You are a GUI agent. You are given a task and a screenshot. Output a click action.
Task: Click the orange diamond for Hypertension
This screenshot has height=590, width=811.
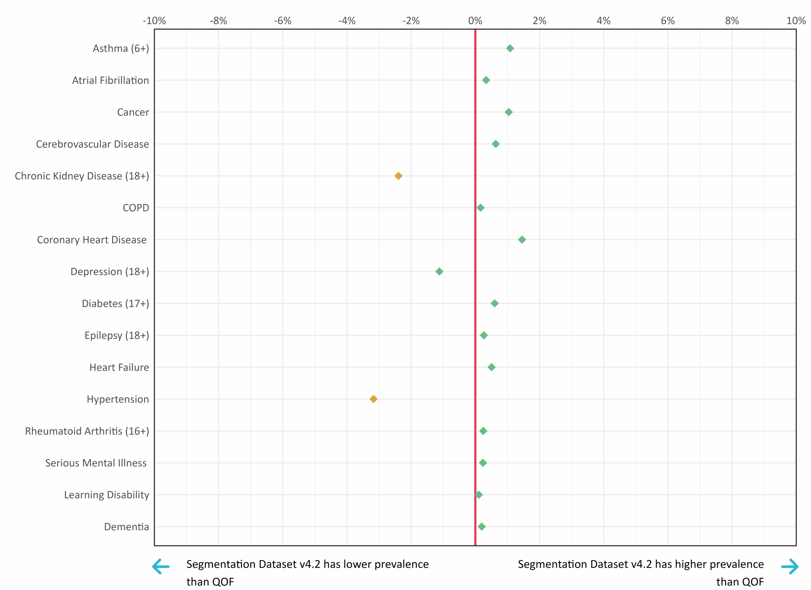(373, 399)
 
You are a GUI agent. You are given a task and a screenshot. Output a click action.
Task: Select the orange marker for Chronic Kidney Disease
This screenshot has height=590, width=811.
(398, 176)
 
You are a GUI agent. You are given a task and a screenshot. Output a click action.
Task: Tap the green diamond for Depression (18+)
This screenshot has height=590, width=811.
(439, 272)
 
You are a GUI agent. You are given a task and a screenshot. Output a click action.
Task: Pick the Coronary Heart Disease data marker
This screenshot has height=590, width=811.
(522, 240)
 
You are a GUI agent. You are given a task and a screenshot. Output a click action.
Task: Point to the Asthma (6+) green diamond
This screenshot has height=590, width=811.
(510, 48)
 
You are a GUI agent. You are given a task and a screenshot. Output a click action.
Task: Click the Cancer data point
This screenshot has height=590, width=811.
(508, 112)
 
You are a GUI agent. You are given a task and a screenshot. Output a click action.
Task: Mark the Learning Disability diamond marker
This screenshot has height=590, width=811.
(479, 495)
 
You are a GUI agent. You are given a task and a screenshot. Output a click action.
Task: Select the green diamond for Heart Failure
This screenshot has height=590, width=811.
(491, 367)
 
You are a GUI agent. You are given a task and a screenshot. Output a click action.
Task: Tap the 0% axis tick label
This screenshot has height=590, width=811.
(475, 21)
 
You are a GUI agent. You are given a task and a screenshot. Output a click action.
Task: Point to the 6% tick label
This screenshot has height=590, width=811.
(667, 21)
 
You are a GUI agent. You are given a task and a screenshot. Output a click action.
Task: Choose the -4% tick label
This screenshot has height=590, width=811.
(347, 21)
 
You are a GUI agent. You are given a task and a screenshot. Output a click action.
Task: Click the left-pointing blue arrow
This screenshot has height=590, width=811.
(161, 567)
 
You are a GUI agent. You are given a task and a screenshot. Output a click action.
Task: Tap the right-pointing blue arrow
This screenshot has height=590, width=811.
(790, 567)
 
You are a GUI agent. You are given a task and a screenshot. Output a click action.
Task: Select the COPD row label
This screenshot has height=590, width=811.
(136, 208)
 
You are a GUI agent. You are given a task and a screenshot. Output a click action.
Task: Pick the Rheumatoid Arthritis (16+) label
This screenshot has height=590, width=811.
(87, 431)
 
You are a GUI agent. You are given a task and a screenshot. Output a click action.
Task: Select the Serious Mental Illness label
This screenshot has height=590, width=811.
(96, 463)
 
